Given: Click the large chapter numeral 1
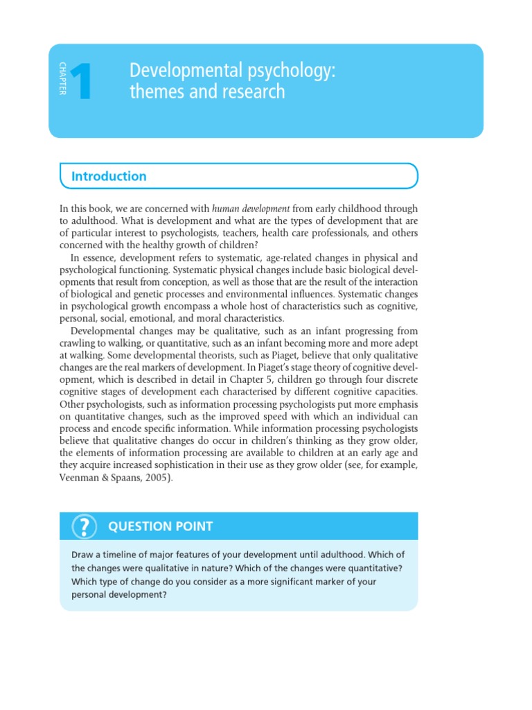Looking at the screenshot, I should click(81, 82).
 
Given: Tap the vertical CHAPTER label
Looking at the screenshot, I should click(62, 79).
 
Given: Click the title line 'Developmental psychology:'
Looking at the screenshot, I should click(233, 70).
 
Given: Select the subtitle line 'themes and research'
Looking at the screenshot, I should click(207, 92).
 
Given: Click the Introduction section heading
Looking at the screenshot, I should click(109, 176).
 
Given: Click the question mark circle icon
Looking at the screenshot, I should click(83, 527).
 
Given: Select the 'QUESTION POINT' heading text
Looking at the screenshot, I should click(160, 527).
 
